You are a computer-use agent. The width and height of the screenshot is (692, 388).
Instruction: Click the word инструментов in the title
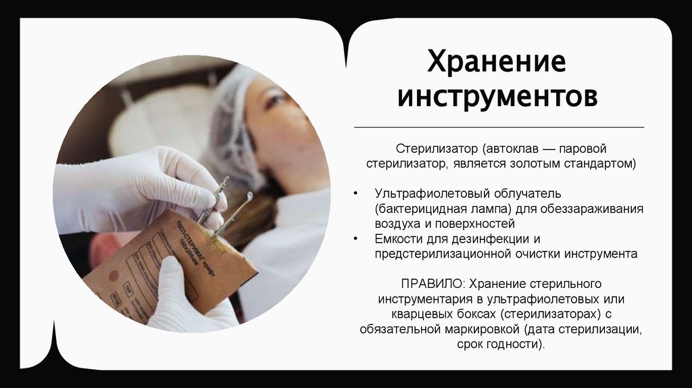(x=497, y=96)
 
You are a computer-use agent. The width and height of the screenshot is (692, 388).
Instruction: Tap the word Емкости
(x=398, y=239)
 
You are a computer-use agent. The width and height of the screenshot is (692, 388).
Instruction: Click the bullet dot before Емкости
(x=357, y=239)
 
